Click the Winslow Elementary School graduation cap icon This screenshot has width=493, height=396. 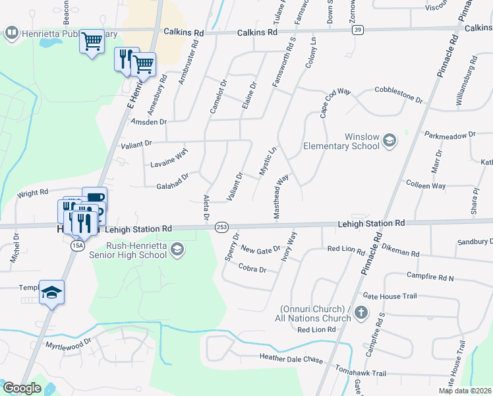[x=390, y=140]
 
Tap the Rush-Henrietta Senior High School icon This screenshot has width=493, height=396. [x=176, y=249]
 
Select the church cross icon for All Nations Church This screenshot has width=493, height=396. [x=361, y=313]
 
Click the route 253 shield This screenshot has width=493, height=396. [x=221, y=227]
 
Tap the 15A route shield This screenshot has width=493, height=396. [x=77, y=245]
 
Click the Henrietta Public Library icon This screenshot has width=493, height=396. [x=11, y=32]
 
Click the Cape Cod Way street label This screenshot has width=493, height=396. [x=335, y=103]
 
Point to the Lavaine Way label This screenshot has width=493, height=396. [x=169, y=158]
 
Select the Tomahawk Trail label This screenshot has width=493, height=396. [x=360, y=373]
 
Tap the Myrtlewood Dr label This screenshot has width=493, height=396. [x=68, y=345]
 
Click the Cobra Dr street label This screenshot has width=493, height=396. [x=252, y=269]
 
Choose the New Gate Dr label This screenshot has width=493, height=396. [x=261, y=249]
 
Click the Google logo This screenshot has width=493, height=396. [x=22, y=388]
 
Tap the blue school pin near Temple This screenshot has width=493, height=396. [x=52, y=292]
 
